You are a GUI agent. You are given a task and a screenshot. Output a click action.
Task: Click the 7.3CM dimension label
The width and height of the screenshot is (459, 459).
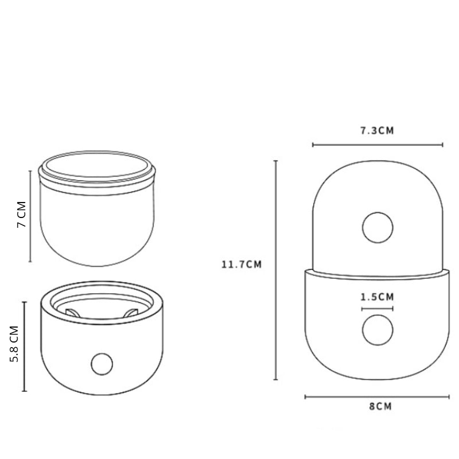(377, 131)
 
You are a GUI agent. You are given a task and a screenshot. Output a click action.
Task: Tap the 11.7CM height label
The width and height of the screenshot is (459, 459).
(242, 264)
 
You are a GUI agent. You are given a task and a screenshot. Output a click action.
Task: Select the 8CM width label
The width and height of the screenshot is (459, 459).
(380, 407)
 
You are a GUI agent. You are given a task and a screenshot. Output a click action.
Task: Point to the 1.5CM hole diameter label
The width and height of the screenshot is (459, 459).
(377, 297)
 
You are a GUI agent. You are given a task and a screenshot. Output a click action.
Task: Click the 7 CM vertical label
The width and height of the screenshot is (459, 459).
(22, 215)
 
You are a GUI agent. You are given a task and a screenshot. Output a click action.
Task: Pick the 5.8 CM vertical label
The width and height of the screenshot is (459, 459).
(14, 344)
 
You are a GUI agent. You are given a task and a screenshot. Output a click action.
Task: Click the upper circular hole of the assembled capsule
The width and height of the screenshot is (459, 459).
(378, 227)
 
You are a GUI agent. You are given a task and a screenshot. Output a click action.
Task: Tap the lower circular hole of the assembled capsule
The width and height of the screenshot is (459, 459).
(378, 330)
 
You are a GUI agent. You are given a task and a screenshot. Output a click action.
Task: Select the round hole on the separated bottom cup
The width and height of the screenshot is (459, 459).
(102, 364)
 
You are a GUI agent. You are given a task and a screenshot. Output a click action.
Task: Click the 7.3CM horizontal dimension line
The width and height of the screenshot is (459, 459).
(378, 145)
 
